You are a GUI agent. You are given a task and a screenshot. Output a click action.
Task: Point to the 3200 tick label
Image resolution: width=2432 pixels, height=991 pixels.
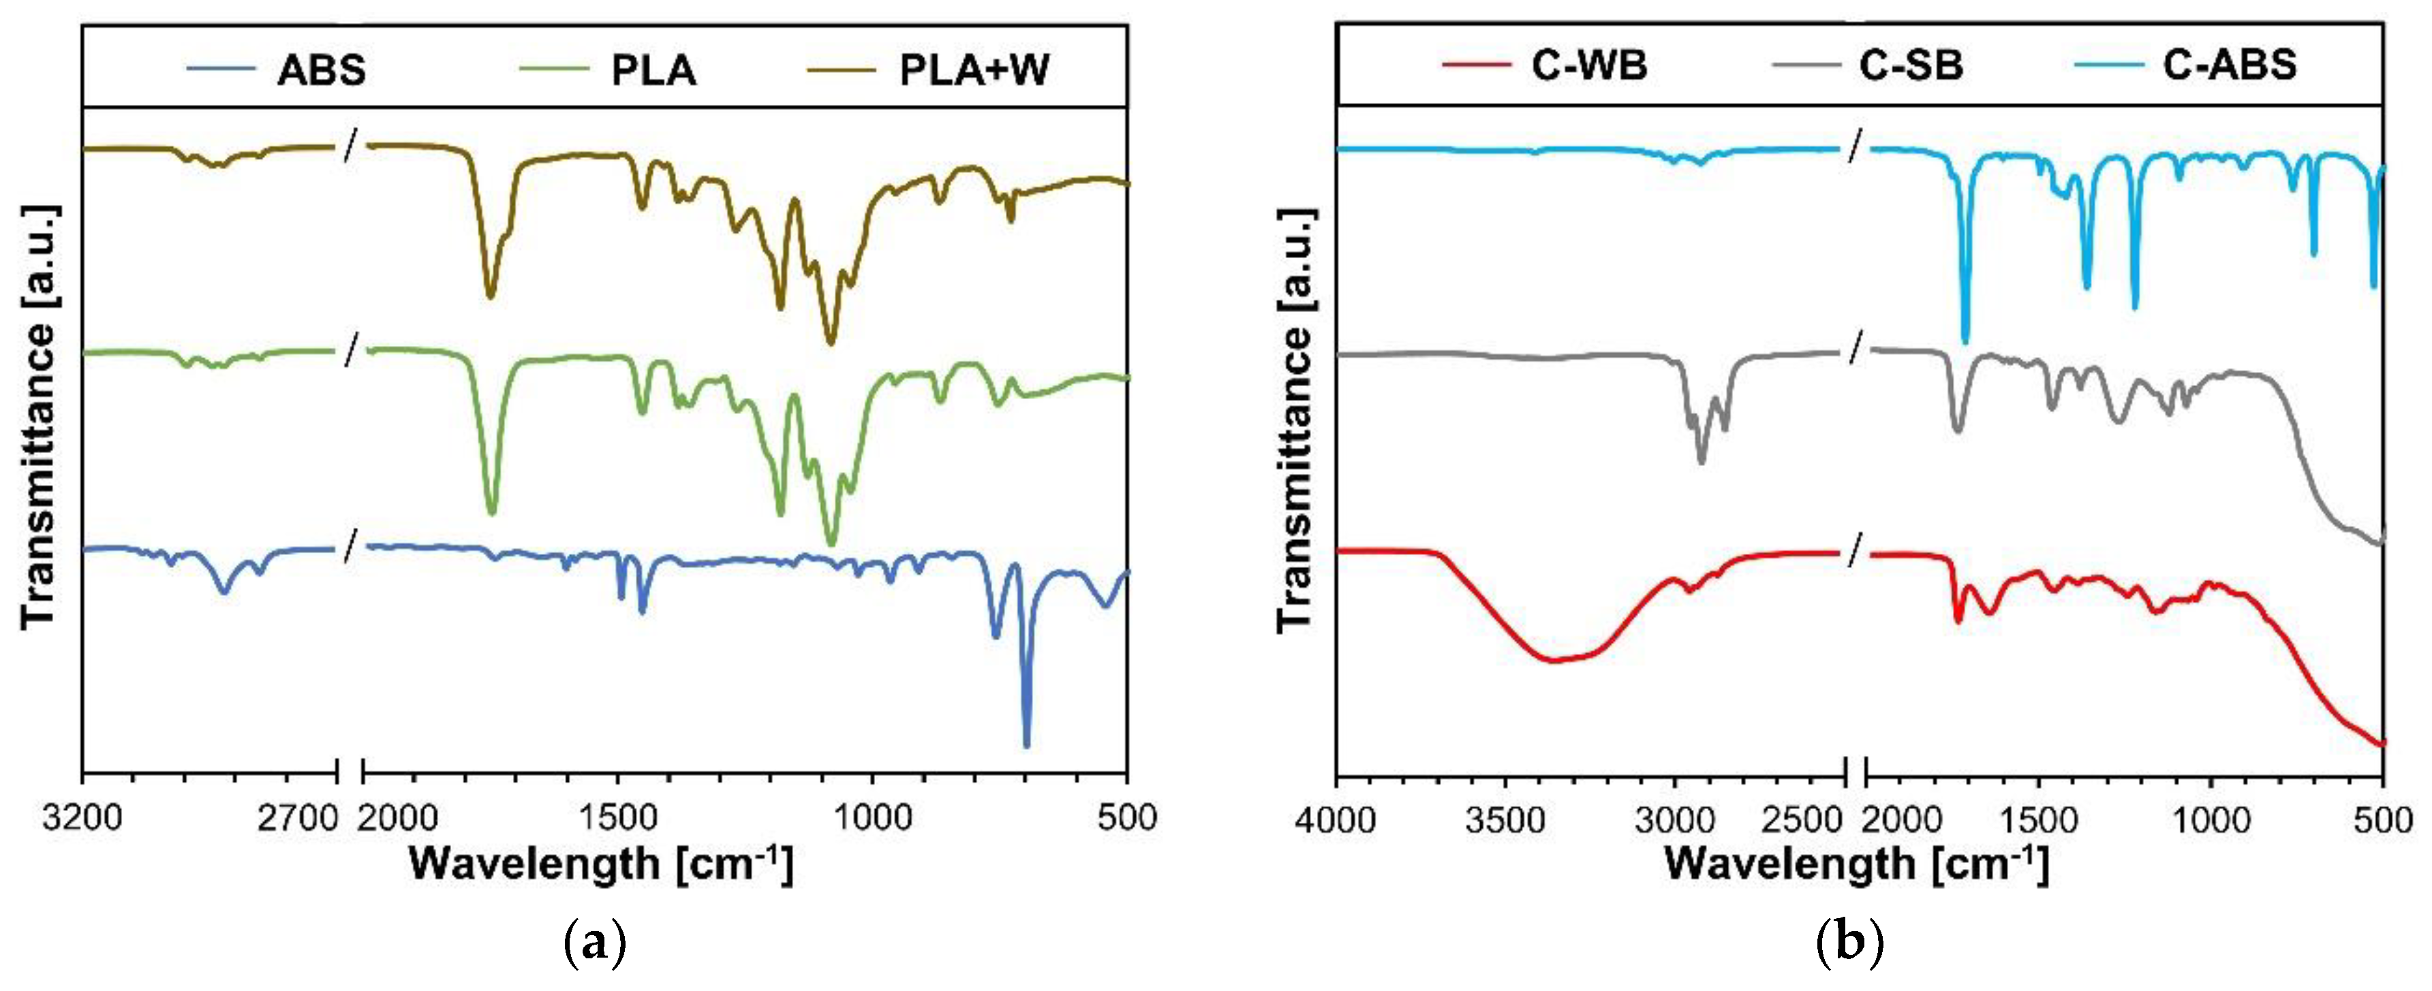tap(82, 817)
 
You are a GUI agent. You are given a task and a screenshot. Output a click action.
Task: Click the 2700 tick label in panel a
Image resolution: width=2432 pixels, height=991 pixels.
tap(298, 817)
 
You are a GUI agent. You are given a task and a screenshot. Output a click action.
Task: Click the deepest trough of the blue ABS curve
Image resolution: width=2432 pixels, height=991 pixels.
tap(1026, 744)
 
